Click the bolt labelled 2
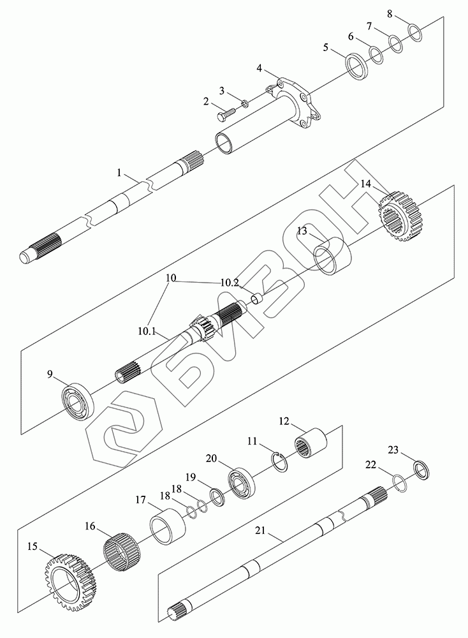224,112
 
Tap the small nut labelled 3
245,103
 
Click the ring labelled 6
376,55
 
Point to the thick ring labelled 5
356,66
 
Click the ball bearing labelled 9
78,401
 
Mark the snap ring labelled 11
280,463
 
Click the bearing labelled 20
242,484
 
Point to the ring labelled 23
422,470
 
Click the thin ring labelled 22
400,483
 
